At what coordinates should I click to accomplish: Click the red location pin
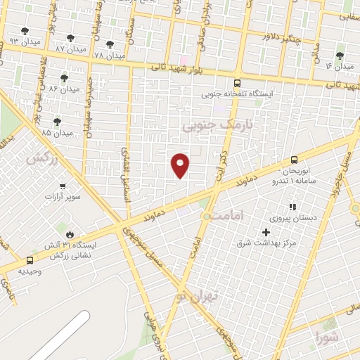[x=181, y=165]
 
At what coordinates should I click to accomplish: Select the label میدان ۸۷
[x=70, y=49]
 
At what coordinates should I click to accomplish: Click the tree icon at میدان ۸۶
[x=64, y=78]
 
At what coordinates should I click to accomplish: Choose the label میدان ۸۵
[x=57, y=132]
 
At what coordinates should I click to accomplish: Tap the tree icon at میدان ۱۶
[x=340, y=56]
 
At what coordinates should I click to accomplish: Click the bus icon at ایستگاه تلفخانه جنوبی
[x=237, y=82]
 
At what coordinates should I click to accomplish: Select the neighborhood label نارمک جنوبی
[x=206, y=125]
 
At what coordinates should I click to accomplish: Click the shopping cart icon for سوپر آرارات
[x=63, y=186]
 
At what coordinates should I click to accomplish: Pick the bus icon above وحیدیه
[x=29, y=260]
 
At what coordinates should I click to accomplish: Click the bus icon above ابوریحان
[x=294, y=160]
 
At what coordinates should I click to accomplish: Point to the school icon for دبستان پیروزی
[x=292, y=207]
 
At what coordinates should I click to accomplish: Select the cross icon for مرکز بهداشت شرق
[x=266, y=232]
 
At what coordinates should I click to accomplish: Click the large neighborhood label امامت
[x=245, y=217]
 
